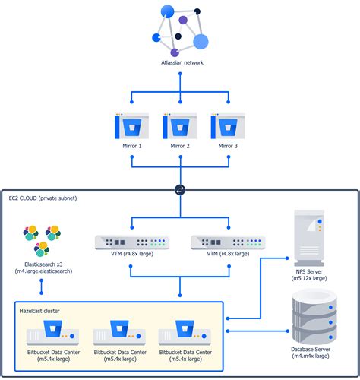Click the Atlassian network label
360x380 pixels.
182,62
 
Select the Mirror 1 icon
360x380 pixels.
131,126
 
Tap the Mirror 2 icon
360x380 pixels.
180,126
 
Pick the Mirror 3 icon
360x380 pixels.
228,126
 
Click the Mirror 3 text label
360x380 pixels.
228,146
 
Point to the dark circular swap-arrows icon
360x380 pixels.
180,190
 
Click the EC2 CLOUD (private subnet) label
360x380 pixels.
43,198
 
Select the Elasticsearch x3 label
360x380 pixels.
43,264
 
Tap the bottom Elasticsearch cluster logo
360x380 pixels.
42,249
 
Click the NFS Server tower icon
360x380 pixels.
309,237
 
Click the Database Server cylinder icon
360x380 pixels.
314,317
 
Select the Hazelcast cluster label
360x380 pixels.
39,311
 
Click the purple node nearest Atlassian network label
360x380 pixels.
175,52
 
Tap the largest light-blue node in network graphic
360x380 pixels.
201,41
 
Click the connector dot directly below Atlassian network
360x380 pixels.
180,74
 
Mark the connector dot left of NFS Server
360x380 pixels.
287,258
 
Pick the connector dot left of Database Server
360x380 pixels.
288,331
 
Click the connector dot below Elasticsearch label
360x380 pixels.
42,280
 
